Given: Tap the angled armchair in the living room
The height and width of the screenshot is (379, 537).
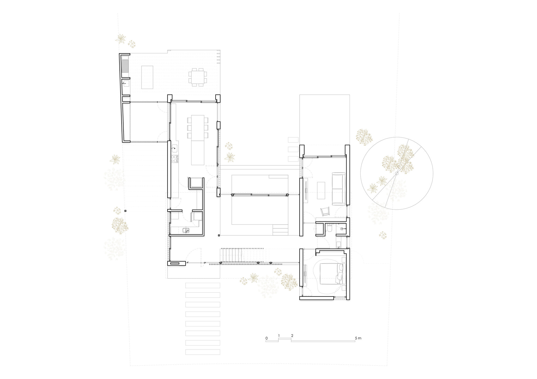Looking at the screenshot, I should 325,211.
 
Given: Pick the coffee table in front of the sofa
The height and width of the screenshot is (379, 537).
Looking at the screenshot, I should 321,190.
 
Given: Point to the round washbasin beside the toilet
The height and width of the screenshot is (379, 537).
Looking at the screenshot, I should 342,229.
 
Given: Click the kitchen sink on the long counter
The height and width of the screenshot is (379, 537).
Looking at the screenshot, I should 174,148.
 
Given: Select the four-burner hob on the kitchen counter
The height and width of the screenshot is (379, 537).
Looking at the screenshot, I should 174,159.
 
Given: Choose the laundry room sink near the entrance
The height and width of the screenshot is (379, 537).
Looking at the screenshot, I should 186,230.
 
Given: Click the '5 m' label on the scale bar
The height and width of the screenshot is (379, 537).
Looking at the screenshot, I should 358,338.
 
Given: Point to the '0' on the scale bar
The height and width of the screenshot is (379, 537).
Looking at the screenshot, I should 266,338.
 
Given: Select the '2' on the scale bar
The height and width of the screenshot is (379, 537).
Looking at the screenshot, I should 292,336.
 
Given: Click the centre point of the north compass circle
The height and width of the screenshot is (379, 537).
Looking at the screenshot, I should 396,173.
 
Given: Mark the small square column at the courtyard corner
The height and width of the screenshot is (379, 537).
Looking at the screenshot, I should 219,236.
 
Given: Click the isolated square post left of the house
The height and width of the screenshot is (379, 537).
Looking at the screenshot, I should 125,211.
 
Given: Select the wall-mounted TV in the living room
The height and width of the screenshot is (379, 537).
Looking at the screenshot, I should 306,190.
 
